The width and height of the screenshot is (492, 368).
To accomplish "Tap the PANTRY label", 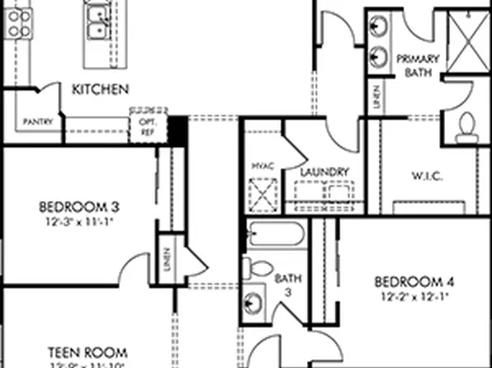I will (x=39, y=121).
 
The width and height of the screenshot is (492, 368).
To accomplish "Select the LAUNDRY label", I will (x=324, y=172).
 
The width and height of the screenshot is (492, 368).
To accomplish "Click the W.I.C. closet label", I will (x=428, y=176).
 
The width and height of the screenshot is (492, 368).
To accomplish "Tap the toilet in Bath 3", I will (x=259, y=267).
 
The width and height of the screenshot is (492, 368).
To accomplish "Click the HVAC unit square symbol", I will (x=265, y=198).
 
